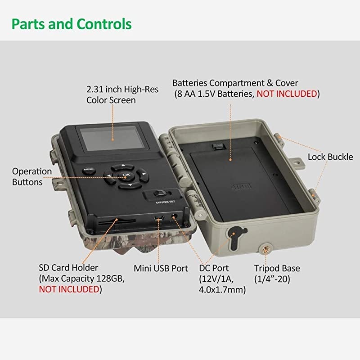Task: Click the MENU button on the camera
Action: (89, 170)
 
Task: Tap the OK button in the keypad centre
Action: (126, 175)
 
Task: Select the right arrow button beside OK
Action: (142, 175)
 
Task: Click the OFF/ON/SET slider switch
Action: (160, 193)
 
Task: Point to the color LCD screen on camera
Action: (112, 138)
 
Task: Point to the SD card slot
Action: (117, 222)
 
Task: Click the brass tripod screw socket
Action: (265, 249)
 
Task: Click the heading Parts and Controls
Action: (72, 24)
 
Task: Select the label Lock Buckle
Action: (330, 157)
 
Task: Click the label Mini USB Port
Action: (161, 268)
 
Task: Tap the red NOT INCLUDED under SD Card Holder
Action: (69, 289)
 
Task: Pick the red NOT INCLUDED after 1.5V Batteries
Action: (287, 94)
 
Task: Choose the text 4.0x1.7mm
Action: (222, 289)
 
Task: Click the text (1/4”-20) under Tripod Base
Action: (272, 279)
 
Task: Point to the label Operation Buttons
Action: (32, 177)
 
